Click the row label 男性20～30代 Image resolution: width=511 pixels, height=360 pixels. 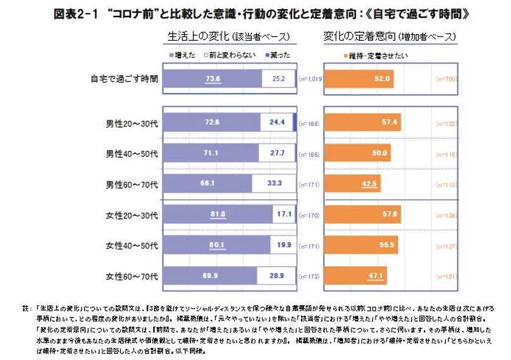click(132, 123)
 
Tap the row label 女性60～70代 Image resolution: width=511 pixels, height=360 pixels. click(132, 276)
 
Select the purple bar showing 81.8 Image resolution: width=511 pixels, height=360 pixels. click(217, 214)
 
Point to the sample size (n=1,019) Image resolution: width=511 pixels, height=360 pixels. click(310, 80)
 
